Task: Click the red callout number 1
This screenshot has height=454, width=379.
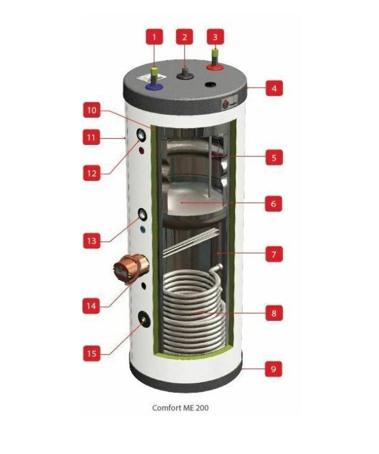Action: (153, 38)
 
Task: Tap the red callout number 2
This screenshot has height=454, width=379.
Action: (184, 37)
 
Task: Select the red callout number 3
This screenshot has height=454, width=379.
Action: (215, 37)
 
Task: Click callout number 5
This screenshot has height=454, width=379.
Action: (274, 157)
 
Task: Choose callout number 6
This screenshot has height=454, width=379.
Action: (274, 204)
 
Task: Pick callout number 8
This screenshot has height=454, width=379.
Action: (274, 312)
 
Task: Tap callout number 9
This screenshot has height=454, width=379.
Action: (274, 369)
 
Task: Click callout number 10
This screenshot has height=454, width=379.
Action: (92, 110)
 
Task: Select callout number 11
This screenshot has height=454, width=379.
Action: (92, 136)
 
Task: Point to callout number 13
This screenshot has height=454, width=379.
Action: (92, 240)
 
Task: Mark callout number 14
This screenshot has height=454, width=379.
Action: (92, 306)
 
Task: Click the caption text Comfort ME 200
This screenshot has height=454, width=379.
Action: (180, 407)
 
